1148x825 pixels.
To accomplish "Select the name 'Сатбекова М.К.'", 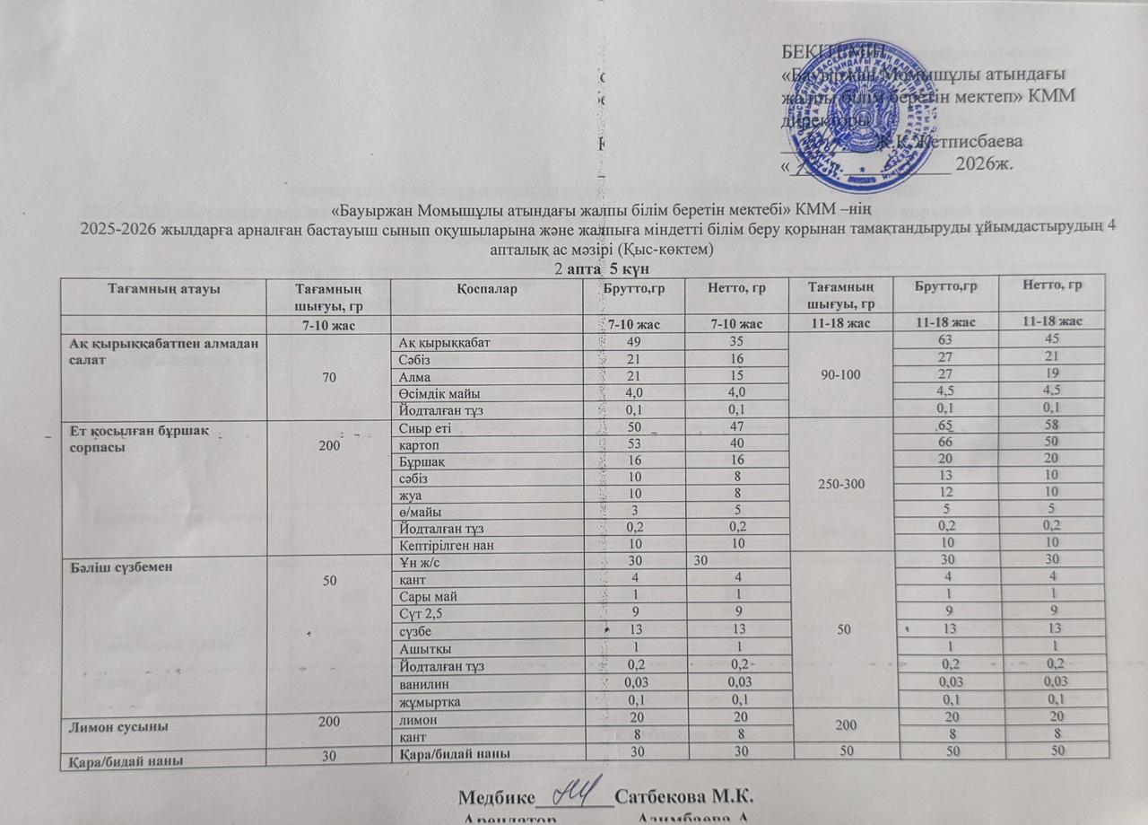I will [683, 796].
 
